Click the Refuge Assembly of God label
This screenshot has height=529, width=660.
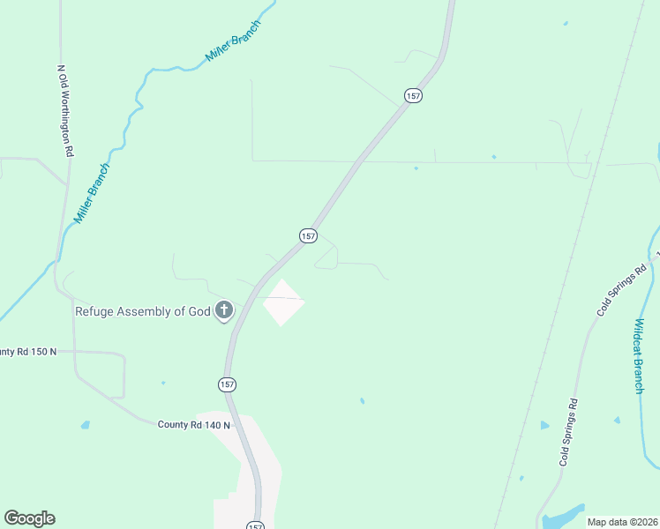click(142, 310)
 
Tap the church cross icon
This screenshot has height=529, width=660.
click(224, 310)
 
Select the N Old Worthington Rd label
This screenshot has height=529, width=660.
click(64, 110)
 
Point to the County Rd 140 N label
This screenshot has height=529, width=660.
click(193, 425)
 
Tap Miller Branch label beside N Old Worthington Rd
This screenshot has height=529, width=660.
click(92, 193)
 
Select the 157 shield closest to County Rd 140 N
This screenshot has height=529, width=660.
click(228, 384)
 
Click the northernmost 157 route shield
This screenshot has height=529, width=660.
click(413, 95)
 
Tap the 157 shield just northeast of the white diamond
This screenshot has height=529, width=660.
click(307, 235)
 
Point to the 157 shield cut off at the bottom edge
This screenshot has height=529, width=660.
click(255, 525)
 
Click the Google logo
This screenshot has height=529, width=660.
click(29, 518)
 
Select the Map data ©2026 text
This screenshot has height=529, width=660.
click(622, 522)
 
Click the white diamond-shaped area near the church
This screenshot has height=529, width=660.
click(283, 302)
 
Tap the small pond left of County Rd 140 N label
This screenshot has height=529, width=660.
click(86, 425)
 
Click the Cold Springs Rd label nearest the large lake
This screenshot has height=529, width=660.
click(568, 433)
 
